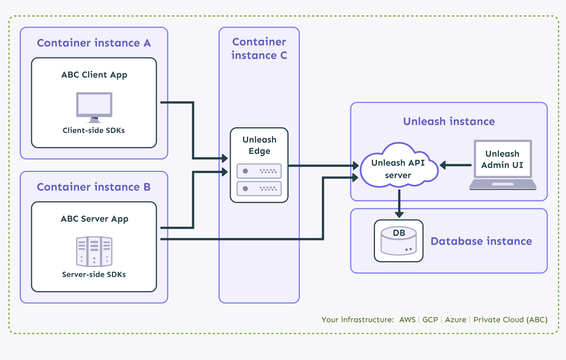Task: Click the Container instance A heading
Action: click(x=94, y=43)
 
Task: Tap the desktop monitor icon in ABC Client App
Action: click(x=94, y=106)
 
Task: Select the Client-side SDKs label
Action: click(x=93, y=130)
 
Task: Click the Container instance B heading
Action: click(x=93, y=187)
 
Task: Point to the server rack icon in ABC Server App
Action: click(x=94, y=251)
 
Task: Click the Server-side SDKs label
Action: click(x=94, y=274)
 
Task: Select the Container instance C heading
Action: click(x=259, y=49)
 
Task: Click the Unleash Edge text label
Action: click(x=259, y=145)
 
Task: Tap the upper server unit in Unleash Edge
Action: click(x=259, y=171)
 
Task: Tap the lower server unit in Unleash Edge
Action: click(x=259, y=188)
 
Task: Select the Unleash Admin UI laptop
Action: click(x=502, y=164)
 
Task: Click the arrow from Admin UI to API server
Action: click(x=455, y=165)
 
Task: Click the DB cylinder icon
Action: click(x=399, y=241)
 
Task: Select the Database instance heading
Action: click(x=481, y=241)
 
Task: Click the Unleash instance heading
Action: click(x=449, y=121)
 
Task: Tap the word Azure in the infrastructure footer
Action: click(x=455, y=320)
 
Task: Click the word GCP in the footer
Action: click(x=430, y=320)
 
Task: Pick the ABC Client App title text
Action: click(x=94, y=75)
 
